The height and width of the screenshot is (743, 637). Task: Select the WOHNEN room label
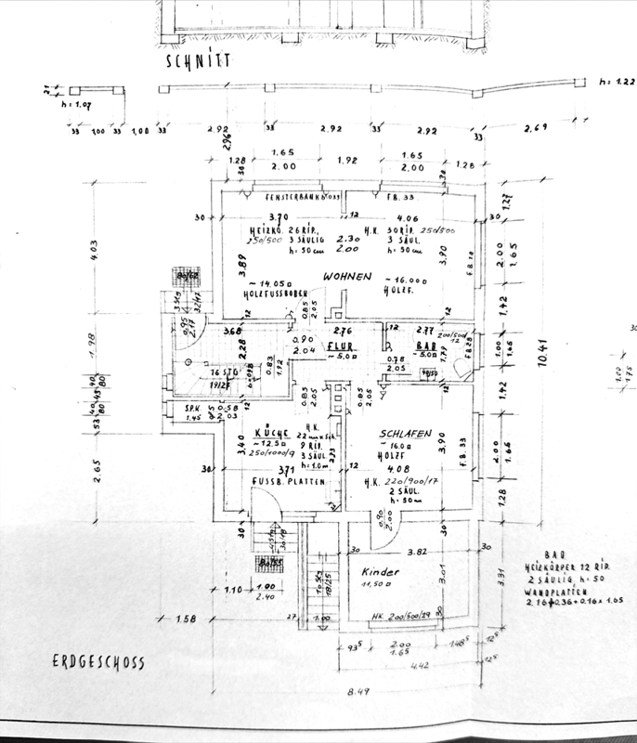pyautogui.click(x=347, y=277)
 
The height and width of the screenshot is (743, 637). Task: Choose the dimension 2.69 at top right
pyautogui.click(x=536, y=127)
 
